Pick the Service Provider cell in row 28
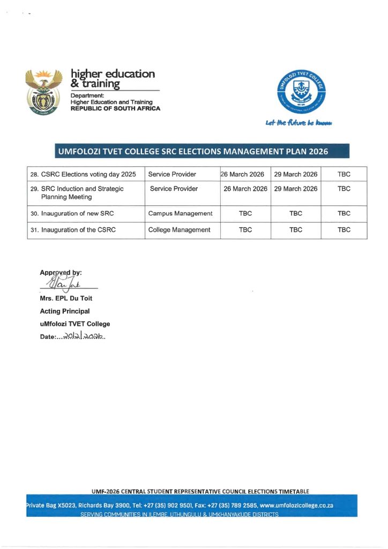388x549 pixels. coord(173,174)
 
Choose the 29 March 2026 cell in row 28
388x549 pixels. coord(296,174)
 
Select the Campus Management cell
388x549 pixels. coord(180,213)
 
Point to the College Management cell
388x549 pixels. coord(179,230)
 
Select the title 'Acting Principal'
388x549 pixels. coord(64,311)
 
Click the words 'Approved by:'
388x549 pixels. coord(61,272)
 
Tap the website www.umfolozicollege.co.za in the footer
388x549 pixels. coord(296,506)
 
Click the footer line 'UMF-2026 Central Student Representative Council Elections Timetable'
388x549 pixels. coord(200,491)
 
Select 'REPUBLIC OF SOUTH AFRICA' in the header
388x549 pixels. coord(115,109)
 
